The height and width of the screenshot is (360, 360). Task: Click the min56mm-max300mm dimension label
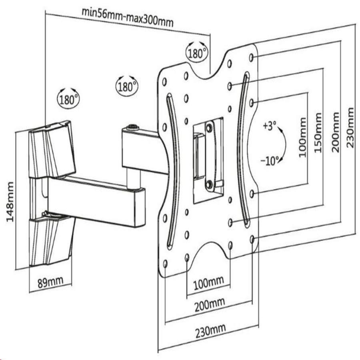tap(128, 18)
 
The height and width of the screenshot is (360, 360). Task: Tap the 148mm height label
tap(10, 202)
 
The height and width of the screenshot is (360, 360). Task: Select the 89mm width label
tap(50, 282)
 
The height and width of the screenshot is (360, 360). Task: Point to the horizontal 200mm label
tap(210, 305)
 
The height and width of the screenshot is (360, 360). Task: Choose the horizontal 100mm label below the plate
tap(208, 283)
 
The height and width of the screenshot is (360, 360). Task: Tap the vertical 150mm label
tap(318, 133)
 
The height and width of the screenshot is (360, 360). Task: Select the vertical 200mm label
tap(335, 132)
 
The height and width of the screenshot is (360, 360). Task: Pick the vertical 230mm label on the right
tap(350, 128)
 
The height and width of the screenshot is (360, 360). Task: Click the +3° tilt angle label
tap(270, 126)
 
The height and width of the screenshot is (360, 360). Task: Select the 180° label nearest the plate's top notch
tap(196, 53)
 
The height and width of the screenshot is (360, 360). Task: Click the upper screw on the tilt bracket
tap(209, 128)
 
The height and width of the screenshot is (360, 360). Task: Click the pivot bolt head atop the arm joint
tap(133, 127)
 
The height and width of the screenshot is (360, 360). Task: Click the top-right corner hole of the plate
tap(252, 57)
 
